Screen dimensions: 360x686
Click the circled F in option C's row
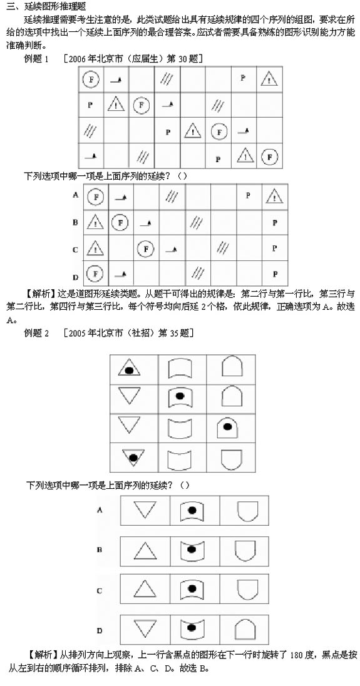pyautogui.click(x=146, y=248)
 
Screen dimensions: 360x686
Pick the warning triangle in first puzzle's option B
pyautogui.click(x=95, y=222)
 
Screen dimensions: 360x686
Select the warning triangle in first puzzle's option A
pyautogui.click(x=272, y=197)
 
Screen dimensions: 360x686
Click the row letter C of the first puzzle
pyautogui.click(x=75, y=249)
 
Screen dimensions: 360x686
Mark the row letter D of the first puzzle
pyautogui.click(x=75, y=274)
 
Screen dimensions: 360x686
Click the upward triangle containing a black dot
pyautogui.click(x=128, y=369)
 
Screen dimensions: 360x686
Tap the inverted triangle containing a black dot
pyautogui.click(x=131, y=456)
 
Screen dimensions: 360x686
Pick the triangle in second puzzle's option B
pyautogui.click(x=146, y=550)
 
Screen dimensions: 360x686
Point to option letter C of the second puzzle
pyautogui.click(x=99, y=590)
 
